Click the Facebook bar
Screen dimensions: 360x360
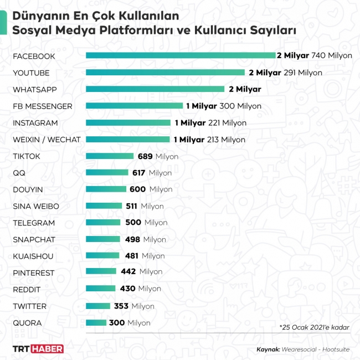(181, 55)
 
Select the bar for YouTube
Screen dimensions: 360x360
(165, 73)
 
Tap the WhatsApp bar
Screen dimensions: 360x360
(155, 89)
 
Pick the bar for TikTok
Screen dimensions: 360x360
(110, 156)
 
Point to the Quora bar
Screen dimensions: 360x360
(96, 323)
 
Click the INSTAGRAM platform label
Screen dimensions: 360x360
(35, 123)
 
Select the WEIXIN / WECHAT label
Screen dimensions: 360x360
(47, 140)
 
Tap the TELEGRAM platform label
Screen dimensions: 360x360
(34, 223)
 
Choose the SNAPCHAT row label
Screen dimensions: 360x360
(34, 240)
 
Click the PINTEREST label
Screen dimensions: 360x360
(34, 273)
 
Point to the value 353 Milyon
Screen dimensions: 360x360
(134, 306)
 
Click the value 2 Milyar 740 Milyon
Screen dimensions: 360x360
(315, 55)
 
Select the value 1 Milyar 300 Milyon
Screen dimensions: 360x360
(223, 106)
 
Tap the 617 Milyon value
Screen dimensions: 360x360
(152, 173)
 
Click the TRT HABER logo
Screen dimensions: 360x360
(38, 349)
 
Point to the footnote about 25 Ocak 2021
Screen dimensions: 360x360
(315, 327)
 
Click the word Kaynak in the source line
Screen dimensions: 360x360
(269, 349)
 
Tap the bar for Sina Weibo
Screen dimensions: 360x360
(104, 206)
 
